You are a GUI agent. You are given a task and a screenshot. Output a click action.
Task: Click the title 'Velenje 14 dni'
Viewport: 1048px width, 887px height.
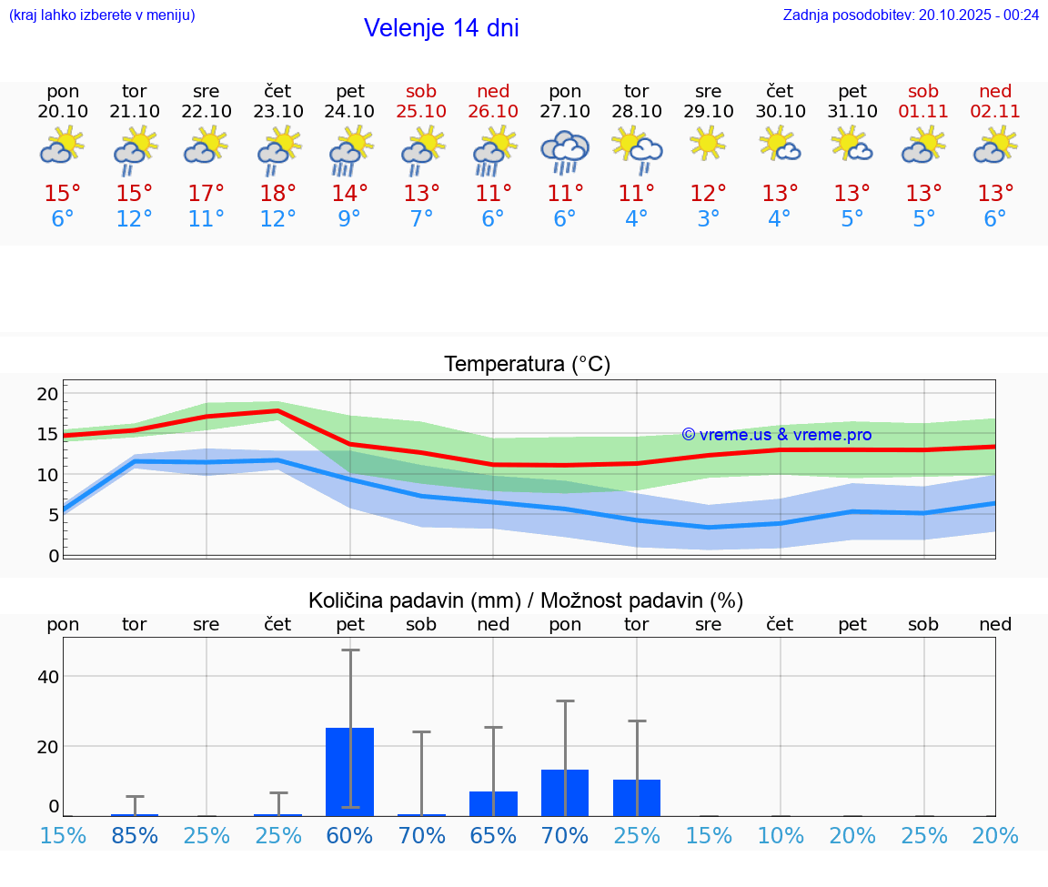(441, 28)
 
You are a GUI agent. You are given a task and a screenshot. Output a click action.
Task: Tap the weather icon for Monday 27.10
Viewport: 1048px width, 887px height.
(565, 151)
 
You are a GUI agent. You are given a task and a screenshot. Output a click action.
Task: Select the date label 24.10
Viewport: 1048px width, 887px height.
(350, 111)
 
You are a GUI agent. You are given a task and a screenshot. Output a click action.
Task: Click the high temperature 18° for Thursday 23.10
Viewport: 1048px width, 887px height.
(277, 194)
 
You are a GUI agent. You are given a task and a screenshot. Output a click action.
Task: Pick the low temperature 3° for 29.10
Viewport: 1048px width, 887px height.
(709, 219)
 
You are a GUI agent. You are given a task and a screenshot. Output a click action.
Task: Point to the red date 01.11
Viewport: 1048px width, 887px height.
(923, 111)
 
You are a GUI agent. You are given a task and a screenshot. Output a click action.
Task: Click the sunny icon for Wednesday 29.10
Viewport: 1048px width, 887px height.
(708, 144)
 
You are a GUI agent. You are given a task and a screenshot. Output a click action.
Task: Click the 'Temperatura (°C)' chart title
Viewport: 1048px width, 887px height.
(527, 365)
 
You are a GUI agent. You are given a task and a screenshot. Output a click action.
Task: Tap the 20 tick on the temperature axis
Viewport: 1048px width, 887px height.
(47, 394)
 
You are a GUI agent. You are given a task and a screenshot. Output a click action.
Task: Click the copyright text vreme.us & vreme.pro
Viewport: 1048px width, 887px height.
(777, 435)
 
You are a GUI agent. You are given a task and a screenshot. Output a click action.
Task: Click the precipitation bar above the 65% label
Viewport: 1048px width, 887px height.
(493, 803)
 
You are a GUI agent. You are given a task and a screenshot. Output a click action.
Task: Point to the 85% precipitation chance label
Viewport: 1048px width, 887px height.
(135, 835)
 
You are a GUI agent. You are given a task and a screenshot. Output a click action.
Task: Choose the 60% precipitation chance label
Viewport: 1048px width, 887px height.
(350, 835)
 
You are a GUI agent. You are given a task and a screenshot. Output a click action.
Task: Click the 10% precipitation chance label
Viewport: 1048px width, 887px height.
(781, 835)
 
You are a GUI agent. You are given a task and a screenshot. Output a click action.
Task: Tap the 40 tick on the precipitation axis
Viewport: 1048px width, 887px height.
(47, 676)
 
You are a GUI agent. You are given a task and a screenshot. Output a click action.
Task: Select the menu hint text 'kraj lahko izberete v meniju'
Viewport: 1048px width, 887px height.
(101, 15)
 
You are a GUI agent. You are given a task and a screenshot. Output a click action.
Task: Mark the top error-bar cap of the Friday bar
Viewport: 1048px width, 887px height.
(350, 650)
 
